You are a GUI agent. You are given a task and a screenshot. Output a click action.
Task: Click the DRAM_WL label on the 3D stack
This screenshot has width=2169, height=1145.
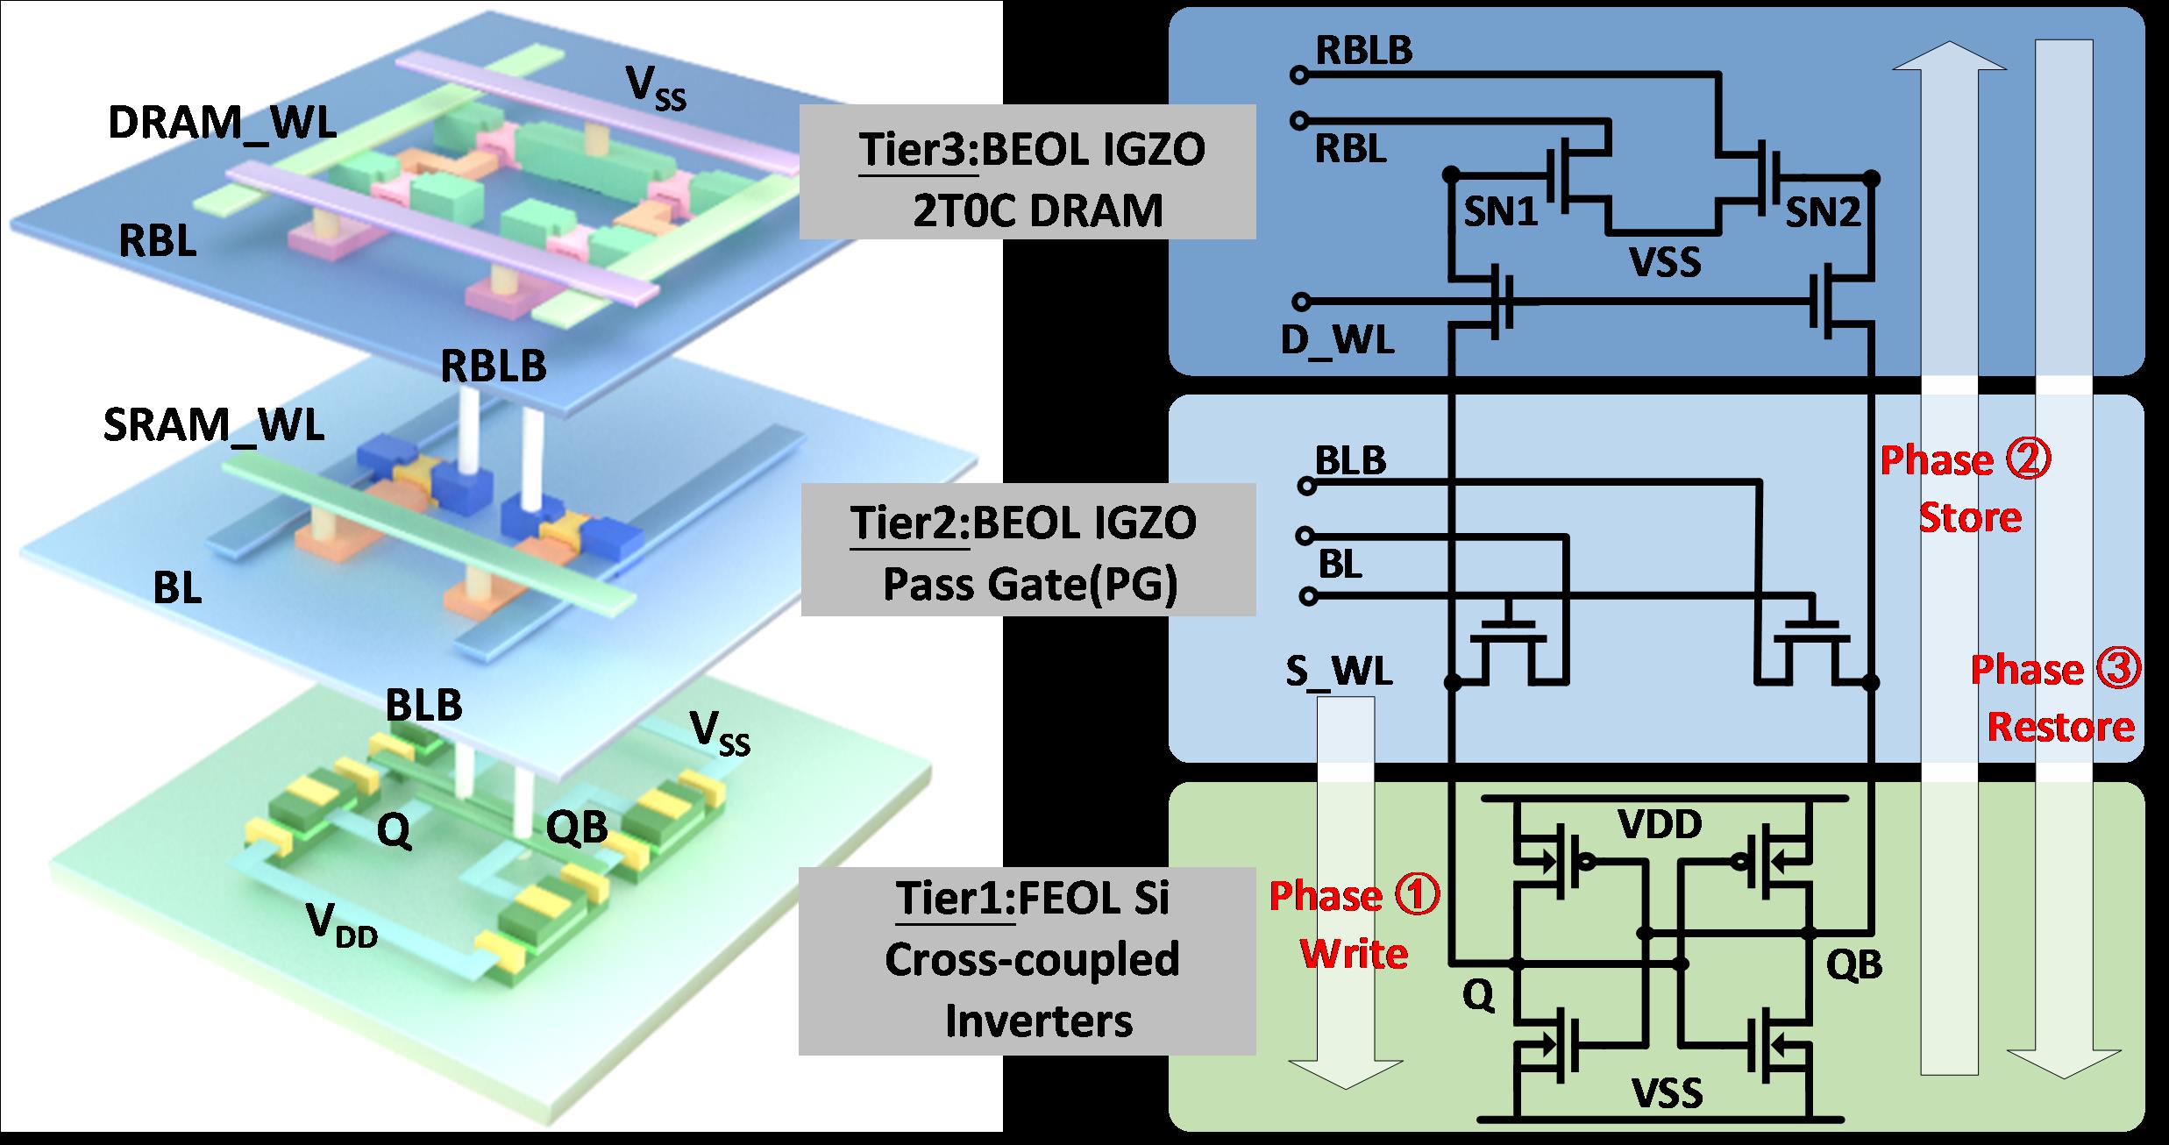click(222, 124)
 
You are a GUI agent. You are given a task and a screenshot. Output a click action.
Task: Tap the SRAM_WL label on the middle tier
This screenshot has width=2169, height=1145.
click(213, 425)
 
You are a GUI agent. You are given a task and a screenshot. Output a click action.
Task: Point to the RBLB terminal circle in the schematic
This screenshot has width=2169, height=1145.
click(1298, 76)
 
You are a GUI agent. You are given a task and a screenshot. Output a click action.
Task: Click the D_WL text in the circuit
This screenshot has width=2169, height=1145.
click(1337, 341)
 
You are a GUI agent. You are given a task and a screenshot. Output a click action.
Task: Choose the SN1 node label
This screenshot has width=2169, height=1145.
click(1502, 212)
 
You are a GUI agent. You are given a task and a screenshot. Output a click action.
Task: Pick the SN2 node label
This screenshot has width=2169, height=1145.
click(1824, 212)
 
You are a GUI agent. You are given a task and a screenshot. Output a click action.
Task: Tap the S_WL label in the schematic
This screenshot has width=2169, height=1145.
click(1339, 671)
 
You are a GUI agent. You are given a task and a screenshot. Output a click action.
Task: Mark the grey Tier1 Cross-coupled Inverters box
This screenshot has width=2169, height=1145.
click(1028, 961)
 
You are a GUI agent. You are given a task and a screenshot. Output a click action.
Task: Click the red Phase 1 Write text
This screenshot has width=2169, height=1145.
click(1355, 924)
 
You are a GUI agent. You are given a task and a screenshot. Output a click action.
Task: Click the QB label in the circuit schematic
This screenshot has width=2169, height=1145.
click(1854, 964)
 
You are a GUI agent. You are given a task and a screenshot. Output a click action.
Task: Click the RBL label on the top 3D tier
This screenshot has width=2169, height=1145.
click(158, 242)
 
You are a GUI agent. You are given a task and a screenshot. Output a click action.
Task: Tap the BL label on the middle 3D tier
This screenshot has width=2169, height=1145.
click(177, 589)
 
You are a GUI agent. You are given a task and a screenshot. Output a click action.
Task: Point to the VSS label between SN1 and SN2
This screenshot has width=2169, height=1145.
click(1665, 262)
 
